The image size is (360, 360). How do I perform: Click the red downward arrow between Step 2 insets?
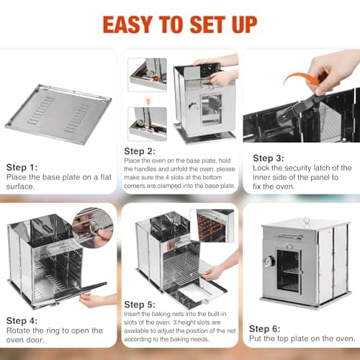point(147,102)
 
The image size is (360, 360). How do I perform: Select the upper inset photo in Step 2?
point(147,75)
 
